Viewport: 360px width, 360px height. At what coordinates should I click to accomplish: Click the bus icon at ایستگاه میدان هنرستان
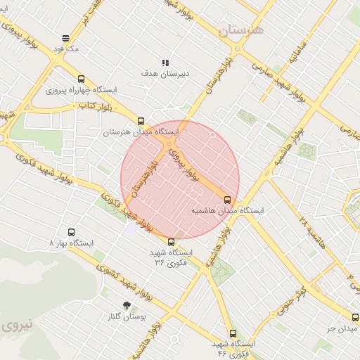tap(141, 121)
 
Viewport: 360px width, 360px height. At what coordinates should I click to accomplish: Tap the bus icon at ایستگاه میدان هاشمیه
tap(236, 199)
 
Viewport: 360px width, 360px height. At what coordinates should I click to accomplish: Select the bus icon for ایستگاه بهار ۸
tap(71, 232)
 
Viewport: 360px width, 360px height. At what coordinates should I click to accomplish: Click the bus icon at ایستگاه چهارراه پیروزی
tap(81, 79)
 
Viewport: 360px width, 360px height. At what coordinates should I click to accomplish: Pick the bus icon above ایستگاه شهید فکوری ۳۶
tap(171, 242)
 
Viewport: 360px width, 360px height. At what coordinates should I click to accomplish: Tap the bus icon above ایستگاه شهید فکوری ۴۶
tap(233, 333)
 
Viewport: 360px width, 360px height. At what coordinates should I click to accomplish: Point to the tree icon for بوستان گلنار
tap(127, 306)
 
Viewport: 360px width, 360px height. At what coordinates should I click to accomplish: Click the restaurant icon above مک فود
tap(66, 39)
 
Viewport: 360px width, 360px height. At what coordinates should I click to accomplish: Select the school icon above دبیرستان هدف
tap(166, 62)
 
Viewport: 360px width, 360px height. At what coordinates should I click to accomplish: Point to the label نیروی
tap(15, 326)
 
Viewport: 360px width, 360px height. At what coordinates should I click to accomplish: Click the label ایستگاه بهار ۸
tap(71, 243)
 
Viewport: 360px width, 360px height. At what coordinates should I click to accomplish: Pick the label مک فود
tap(70, 50)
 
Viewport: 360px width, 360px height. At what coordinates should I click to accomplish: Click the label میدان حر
tap(337, 328)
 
